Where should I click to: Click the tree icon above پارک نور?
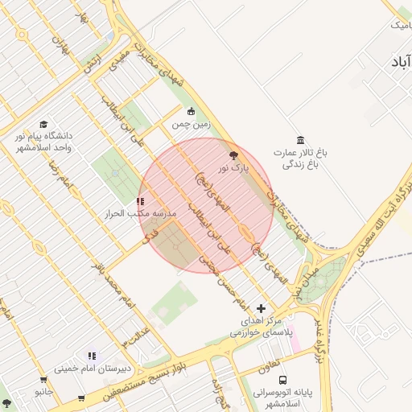[234, 155]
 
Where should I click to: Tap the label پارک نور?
[235, 168]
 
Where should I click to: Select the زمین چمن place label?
[191, 125]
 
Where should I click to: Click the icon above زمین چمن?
[191, 112]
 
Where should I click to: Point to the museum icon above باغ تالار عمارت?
[300, 140]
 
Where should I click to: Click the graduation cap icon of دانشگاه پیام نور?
[43, 125]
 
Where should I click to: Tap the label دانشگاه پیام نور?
[44, 142]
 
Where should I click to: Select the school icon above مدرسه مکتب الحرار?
[140, 202]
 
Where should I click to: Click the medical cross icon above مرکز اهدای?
[260, 308]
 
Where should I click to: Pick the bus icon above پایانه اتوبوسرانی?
[282, 380]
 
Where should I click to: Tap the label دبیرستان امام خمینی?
[93, 369]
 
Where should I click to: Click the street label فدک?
[149, 236]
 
